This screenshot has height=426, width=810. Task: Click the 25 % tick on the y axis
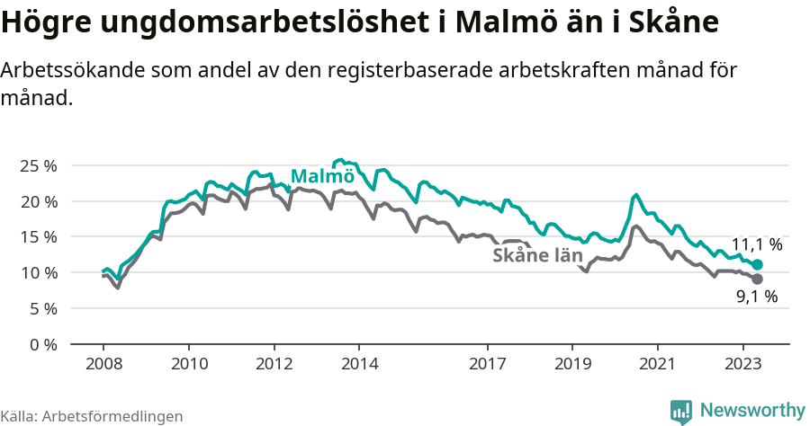[38, 166]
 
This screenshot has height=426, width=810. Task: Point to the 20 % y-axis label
[38, 201]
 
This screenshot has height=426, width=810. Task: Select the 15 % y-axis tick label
[38, 237]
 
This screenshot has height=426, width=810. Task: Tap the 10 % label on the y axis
[38, 272]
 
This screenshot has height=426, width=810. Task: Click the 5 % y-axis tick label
[41, 308]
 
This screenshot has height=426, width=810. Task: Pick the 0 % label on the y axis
[41, 344]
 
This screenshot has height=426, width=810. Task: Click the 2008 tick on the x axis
[103, 364]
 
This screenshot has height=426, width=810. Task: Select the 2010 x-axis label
[189, 364]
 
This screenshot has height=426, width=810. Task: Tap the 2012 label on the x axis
[274, 364]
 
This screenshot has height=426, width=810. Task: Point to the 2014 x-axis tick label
[359, 364]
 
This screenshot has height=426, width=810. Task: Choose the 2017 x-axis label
[488, 364]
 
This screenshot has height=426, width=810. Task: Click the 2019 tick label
[572, 364]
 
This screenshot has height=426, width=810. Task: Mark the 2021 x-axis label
[658, 364]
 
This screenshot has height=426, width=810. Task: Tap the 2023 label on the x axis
[743, 364]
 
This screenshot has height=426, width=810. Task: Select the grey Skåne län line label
[537, 256]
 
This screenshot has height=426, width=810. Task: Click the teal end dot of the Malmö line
[758, 264]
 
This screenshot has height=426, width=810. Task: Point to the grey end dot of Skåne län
[758, 280]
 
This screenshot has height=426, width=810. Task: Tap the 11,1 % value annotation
[756, 244]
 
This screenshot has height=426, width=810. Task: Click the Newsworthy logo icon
[681, 411]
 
